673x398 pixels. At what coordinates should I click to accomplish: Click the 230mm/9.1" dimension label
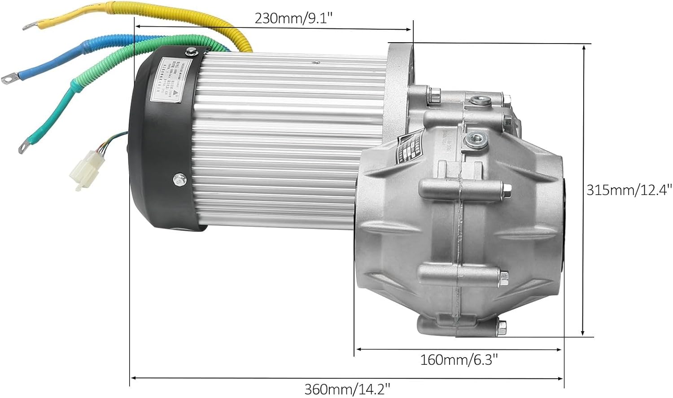293,18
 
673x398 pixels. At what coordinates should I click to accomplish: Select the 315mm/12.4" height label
629,190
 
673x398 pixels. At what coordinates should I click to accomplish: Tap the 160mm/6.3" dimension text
459,360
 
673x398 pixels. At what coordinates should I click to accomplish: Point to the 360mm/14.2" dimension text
347,389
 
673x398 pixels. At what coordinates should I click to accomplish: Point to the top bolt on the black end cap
192,51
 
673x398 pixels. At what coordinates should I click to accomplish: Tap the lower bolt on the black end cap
179,179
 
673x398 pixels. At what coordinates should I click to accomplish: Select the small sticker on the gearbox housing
408,146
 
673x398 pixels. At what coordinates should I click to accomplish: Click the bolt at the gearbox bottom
502,324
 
